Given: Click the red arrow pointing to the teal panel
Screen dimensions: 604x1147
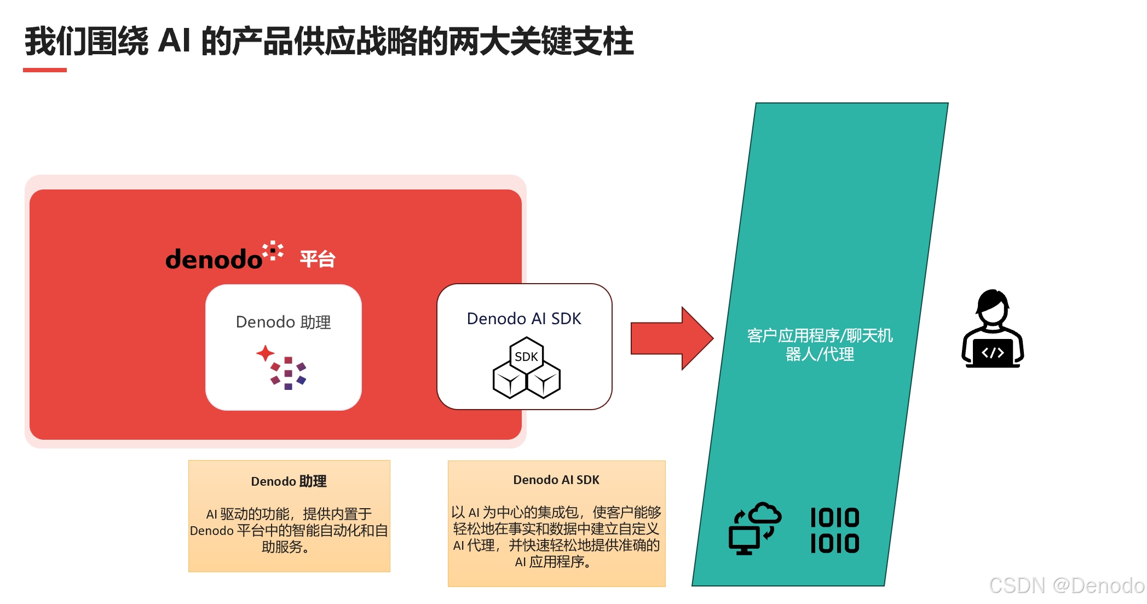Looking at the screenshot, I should click(x=671, y=338).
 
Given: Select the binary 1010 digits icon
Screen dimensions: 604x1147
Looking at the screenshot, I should click(x=834, y=531).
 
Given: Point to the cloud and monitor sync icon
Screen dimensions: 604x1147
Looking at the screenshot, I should click(x=754, y=528).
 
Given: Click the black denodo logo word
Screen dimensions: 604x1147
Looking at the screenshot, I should click(x=214, y=259).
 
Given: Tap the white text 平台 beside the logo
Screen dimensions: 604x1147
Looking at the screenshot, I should click(x=318, y=259).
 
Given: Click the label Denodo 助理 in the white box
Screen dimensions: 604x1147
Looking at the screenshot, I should click(x=283, y=322).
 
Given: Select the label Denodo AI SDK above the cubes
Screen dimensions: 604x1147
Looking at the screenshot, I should click(x=524, y=319).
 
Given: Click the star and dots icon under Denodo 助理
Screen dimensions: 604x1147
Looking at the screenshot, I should click(x=281, y=367).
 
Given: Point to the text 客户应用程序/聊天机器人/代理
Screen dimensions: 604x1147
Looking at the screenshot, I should click(x=820, y=344).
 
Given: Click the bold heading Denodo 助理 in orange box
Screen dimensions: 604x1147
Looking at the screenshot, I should click(x=289, y=481).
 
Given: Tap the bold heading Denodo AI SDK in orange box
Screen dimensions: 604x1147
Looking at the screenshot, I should click(x=556, y=480).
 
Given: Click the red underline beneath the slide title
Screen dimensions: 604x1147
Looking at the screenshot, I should click(x=45, y=70).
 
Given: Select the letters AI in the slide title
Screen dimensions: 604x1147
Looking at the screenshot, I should click(x=174, y=41).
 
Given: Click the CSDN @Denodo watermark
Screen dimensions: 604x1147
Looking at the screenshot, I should click(x=1067, y=585).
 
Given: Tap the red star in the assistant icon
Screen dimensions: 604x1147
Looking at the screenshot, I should click(x=266, y=353).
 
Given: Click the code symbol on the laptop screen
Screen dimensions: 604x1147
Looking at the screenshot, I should click(x=993, y=353).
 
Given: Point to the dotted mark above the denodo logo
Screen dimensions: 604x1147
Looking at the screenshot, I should click(x=273, y=250).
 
